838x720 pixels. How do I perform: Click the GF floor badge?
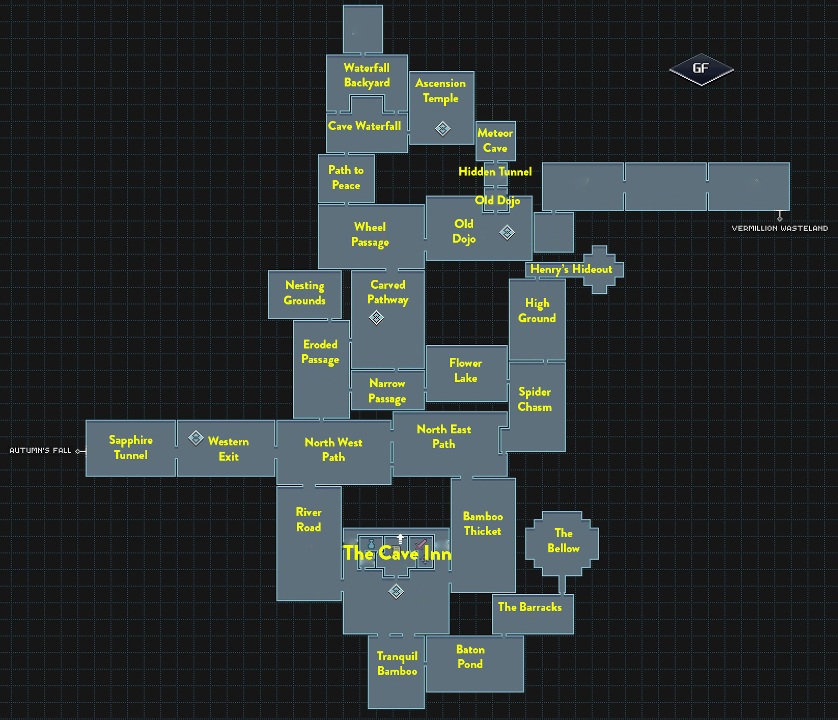(x=701, y=69)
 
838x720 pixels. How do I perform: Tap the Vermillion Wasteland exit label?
(x=779, y=228)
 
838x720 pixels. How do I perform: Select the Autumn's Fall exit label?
(x=40, y=450)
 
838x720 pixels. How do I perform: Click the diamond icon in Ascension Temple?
(x=443, y=128)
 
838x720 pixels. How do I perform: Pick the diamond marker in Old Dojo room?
(x=506, y=232)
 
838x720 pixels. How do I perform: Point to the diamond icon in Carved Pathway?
(x=376, y=318)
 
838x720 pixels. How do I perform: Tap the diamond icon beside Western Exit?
(x=195, y=438)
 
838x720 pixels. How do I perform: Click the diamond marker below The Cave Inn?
(x=396, y=592)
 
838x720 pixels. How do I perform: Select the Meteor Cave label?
(x=495, y=140)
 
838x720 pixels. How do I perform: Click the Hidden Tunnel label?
(x=495, y=171)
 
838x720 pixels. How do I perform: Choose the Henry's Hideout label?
(x=571, y=269)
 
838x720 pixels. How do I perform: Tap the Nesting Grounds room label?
(x=304, y=293)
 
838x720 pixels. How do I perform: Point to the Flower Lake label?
(x=466, y=370)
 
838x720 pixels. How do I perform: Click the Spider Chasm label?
(x=534, y=399)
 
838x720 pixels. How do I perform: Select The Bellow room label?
(x=563, y=541)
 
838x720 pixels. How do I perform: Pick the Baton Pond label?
(x=470, y=657)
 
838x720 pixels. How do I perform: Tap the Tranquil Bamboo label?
(x=397, y=663)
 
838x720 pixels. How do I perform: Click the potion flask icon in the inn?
(x=371, y=545)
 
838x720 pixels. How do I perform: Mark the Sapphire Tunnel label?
(x=130, y=448)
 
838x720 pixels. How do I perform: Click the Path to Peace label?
(x=346, y=178)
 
